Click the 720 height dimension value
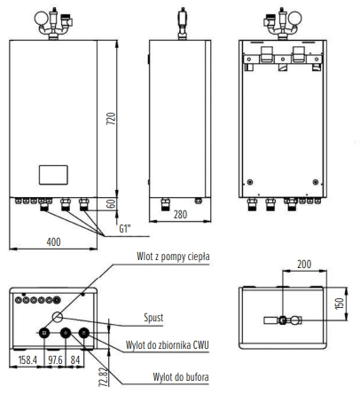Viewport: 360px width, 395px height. [111, 118]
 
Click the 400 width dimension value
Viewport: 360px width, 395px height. [53, 242]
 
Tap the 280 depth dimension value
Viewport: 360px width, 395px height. [180, 214]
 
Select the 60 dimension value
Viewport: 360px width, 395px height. [111, 203]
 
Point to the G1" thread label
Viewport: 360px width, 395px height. [125, 228]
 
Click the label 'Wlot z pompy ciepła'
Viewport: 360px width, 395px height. [173, 257]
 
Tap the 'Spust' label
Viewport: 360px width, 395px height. [153, 318]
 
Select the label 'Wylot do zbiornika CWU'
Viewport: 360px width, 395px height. [168, 345]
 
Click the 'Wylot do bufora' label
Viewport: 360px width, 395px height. [181, 377]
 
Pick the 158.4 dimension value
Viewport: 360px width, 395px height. [27, 360]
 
